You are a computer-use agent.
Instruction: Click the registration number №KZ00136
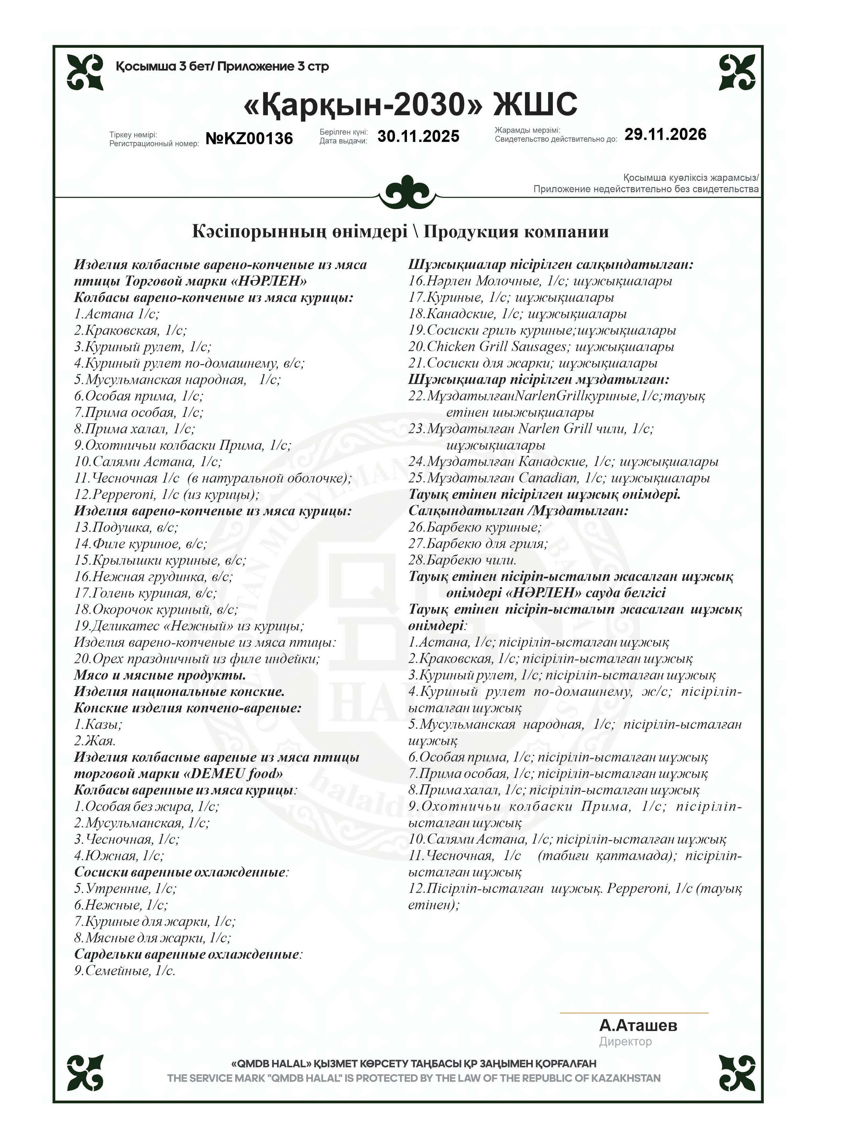pos(249,138)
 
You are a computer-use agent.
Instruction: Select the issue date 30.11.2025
pos(418,136)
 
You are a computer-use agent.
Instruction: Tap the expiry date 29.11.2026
pos(665,135)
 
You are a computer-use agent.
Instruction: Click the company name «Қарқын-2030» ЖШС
pos(410,104)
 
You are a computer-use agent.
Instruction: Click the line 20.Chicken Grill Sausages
pos(541,346)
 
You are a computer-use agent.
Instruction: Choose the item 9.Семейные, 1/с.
pos(125,971)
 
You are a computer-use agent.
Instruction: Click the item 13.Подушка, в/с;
pos(126,527)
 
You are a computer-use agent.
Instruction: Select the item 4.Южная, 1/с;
pos(119,856)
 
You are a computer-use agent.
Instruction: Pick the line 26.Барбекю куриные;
pos(475,527)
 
